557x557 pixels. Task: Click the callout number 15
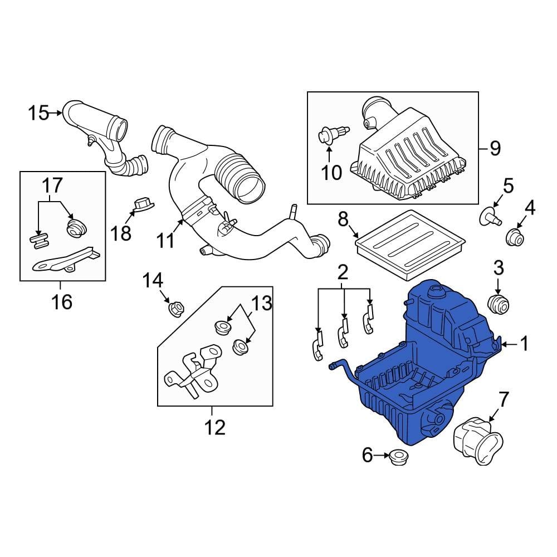(x=39, y=113)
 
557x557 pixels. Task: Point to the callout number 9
(x=495, y=148)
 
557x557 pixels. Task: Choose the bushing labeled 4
(x=515, y=237)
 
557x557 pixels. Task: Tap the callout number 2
(x=343, y=272)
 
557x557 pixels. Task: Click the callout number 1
(x=523, y=344)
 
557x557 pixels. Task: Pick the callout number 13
(x=261, y=304)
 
